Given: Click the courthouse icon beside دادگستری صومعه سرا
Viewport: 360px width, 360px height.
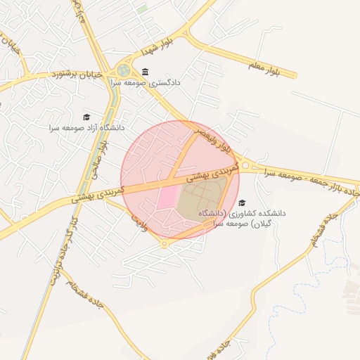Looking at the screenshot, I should [145, 72].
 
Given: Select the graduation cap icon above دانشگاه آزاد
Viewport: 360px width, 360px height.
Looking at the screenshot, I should [86, 117].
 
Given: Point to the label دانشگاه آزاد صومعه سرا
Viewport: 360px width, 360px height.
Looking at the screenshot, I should [86, 128].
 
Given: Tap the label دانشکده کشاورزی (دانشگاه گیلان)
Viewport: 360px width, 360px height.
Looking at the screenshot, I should [240, 216].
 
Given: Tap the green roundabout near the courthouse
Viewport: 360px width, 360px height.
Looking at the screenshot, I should [124, 70].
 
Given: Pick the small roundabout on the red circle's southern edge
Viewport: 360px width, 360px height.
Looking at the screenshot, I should [165, 243].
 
